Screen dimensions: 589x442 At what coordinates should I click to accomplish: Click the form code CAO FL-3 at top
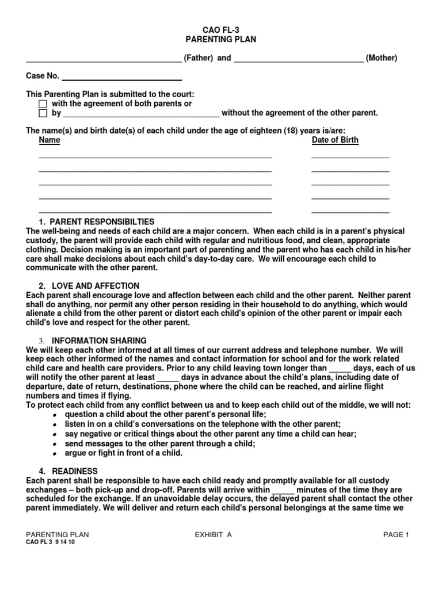[x=220, y=29]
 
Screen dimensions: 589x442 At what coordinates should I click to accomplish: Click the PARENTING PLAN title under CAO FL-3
[x=220, y=39]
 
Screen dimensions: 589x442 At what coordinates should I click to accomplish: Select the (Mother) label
[x=381, y=58]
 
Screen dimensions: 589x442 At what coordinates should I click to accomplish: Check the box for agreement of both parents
[x=43, y=104]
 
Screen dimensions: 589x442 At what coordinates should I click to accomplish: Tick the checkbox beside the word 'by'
[x=43, y=113]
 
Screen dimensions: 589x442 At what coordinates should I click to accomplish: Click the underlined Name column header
[x=49, y=140]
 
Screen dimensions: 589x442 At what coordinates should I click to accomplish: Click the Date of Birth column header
[x=335, y=140]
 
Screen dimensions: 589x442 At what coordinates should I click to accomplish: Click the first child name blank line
[x=155, y=156]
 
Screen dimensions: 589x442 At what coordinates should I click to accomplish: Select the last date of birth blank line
[x=350, y=212]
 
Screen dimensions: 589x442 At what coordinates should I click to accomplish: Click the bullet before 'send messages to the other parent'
[x=54, y=445]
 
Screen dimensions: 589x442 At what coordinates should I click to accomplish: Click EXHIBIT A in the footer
[x=213, y=534]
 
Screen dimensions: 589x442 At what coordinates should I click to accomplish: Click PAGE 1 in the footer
[x=396, y=534]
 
